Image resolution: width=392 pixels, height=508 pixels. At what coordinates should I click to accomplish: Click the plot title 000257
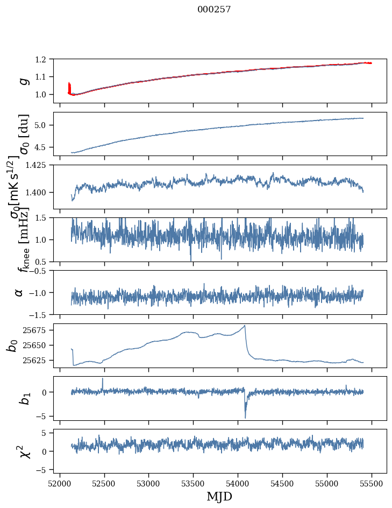click(x=214, y=9)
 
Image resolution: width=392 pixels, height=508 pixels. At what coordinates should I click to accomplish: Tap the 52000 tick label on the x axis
click(x=60, y=483)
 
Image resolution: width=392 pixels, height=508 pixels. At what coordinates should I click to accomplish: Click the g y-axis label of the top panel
click(x=22, y=80)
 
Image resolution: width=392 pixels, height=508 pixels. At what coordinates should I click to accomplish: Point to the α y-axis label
click(x=19, y=292)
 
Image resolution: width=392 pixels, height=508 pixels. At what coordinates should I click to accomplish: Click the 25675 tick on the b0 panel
click(x=38, y=330)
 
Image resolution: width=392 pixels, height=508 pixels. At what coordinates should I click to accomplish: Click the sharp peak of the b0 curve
click(x=245, y=326)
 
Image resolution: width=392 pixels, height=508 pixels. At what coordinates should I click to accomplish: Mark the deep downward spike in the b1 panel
click(x=245, y=417)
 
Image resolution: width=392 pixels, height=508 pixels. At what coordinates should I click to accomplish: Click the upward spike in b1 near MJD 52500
click(x=103, y=379)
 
